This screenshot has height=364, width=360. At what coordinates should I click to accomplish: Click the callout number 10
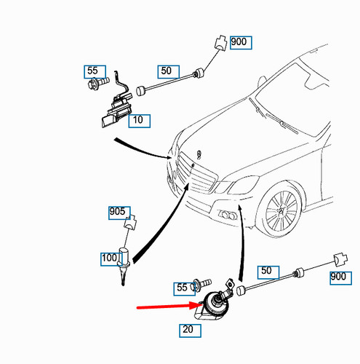(138, 119)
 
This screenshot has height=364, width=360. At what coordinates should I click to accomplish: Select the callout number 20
(188, 329)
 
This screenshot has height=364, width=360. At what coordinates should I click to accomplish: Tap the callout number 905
(117, 211)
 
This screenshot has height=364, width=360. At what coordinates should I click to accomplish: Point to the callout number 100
(109, 258)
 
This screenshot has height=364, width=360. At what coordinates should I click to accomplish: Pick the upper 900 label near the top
(239, 41)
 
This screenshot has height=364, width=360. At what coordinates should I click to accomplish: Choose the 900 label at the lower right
(338, 277)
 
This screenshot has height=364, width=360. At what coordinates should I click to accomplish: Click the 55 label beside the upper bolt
(92, 71)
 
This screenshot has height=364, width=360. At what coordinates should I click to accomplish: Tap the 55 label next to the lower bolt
(182, 288)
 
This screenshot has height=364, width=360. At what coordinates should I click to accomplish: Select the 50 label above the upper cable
(166, 71)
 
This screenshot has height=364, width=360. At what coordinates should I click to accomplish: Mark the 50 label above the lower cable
(266, 271)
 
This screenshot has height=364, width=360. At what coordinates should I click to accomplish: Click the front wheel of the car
(281, 210)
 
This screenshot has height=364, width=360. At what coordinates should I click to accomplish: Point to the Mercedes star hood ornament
(199, 154)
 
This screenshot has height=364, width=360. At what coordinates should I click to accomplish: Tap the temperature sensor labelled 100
(124, 266)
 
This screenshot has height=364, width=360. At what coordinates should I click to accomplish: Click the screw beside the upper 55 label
(98, 83)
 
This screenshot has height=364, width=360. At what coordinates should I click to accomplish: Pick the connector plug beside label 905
(130, 222)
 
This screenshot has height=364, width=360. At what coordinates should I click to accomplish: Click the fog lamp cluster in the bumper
(228, 215)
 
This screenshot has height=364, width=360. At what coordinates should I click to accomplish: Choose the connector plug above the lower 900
(340, 259)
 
